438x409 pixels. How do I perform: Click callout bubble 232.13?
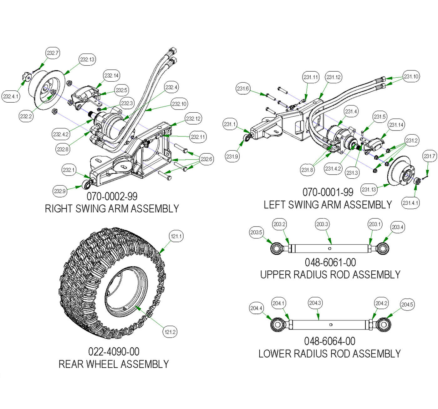pos(87,59)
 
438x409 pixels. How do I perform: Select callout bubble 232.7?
pos(53,53)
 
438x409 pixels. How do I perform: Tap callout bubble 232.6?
pos(206,159)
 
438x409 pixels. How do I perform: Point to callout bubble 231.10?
pos(411,76)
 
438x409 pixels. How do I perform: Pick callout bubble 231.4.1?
pos(410,203)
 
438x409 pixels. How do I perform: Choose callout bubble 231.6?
pos(243,89)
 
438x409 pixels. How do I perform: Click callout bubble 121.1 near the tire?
pos(176,236)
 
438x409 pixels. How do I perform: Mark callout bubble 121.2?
pos(170,332)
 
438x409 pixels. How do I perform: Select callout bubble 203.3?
pos(322,224)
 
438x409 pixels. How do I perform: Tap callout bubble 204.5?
pos(407,304)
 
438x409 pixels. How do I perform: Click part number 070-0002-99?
pos(112,196)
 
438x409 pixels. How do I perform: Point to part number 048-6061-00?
pos(330,262)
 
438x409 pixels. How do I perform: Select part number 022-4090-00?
pos(114,351)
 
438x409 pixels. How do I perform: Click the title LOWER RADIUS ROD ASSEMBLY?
pos(330,354)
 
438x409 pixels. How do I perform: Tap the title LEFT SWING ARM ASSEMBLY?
pos(328,205)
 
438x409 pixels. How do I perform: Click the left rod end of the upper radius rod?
pos(277,248)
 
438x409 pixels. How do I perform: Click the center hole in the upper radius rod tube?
pos(330,248)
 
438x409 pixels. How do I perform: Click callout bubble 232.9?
pos(60,191)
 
